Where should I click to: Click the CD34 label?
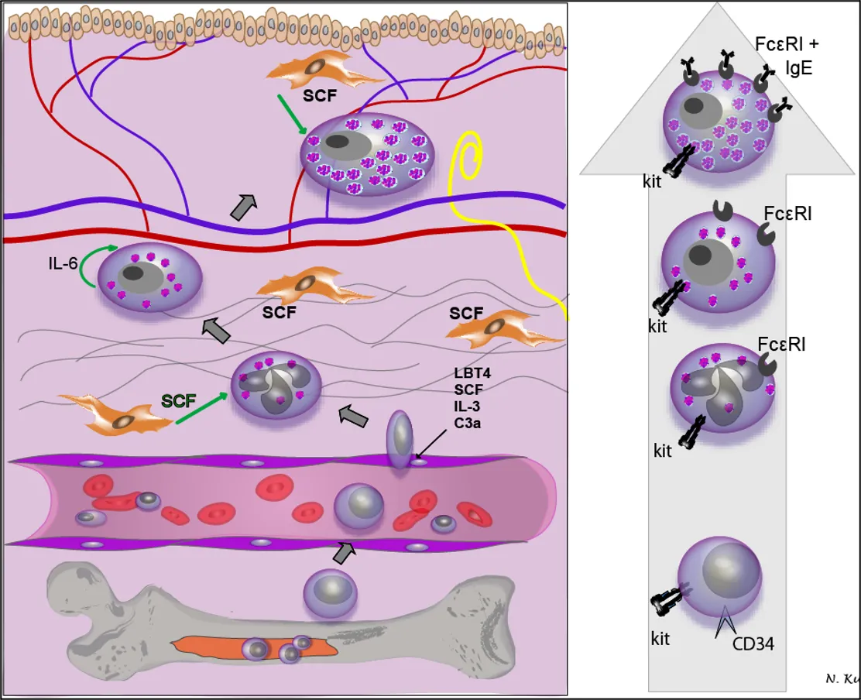[753, 643]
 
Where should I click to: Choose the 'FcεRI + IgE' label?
[787, 56]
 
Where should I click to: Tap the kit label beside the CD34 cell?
[660, 640]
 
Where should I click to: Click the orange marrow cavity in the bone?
[256, 647]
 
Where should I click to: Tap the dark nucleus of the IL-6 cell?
[134, 273]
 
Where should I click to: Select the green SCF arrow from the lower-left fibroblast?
[201, 409]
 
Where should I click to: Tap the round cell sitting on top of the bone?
[330, 593]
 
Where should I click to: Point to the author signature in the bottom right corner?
[842, 679]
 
